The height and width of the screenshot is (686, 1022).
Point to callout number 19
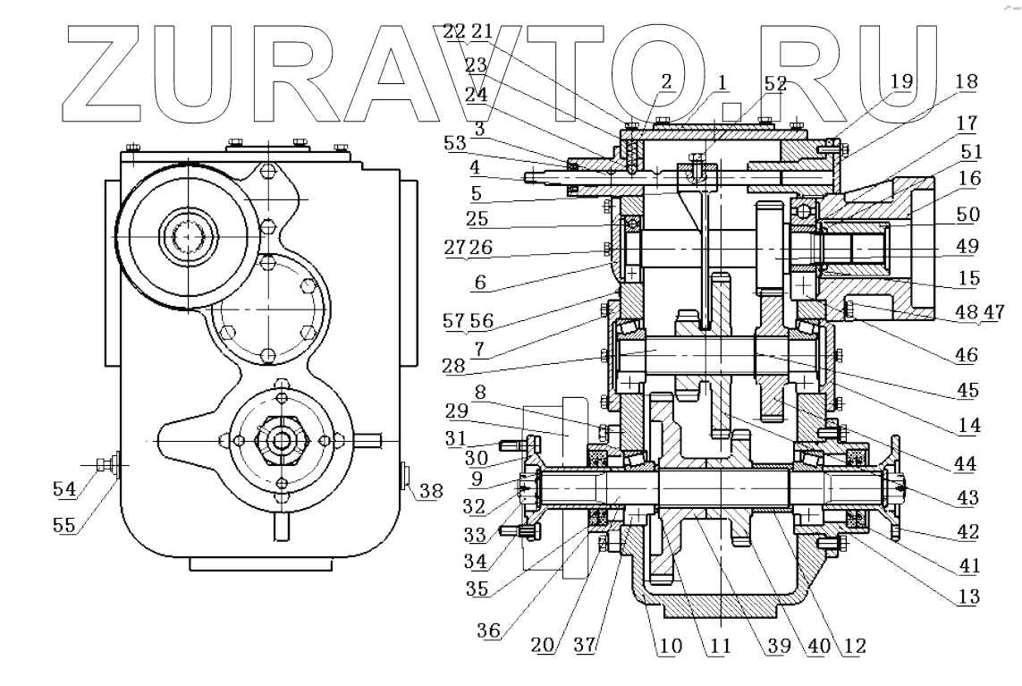[x=901, y=81]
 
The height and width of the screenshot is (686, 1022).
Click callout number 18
[x=967, y=81]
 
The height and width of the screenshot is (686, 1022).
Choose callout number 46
[x=965, y=356]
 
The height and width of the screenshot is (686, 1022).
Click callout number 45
[x=965, y=390]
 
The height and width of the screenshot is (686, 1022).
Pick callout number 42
[x=965, y=531]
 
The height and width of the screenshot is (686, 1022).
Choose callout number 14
[x=965, y=426]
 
